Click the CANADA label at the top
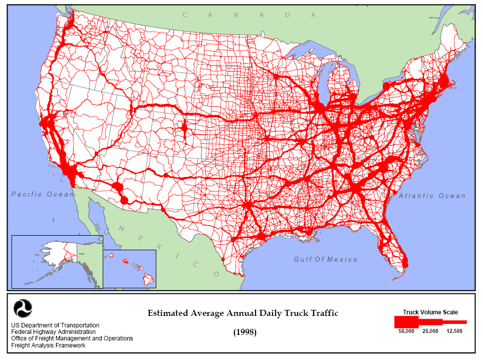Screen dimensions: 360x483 point(249,15)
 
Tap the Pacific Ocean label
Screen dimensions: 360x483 point(43,194)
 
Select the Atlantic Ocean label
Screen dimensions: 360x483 point(432,196)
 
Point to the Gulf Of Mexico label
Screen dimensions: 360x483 point(326,260)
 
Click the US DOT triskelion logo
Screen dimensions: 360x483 point(22,308)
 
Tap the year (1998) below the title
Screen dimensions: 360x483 point(245,332)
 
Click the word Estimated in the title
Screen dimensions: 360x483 point(168,313)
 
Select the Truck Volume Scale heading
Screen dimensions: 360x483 point(430,312)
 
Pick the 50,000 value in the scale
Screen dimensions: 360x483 point(406,331)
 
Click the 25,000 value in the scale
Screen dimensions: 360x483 point(430,331)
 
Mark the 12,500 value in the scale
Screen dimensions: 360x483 point(454,331)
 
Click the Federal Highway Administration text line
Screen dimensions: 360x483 point(53,332)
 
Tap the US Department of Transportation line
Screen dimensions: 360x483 point(55,325)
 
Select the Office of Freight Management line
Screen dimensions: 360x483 point(72,338)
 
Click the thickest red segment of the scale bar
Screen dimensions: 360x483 point(406,321)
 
